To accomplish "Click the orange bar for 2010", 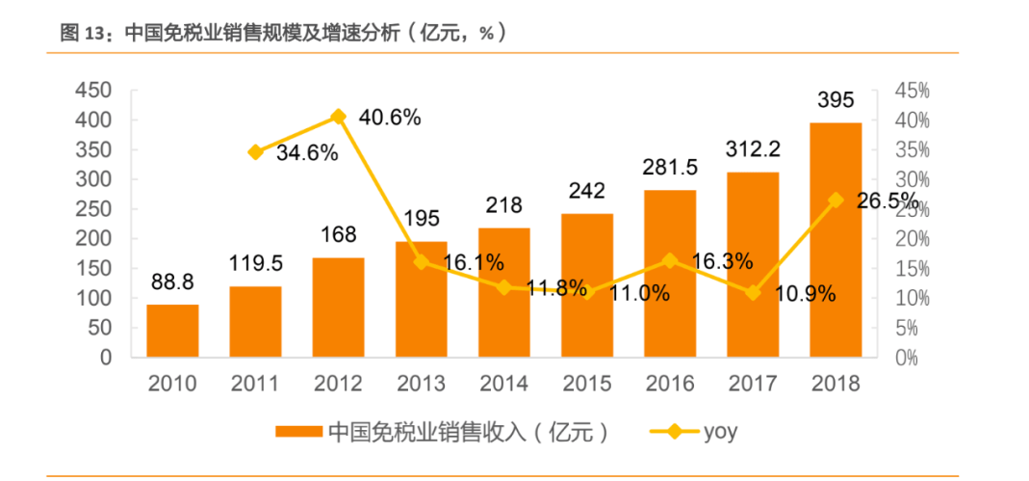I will tap(172, 331).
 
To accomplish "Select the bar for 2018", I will tap(835, 240).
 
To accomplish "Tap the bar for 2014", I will tap(503, 292).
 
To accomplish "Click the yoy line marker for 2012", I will tap(338, 117).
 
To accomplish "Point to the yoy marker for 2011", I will tap(255, 152).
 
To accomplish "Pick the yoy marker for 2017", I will tap(753, 293).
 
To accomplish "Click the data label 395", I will tap(836, 100).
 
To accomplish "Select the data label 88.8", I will tap(173, 281).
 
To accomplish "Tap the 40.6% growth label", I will tap(390, 118).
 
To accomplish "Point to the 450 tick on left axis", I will tap(94, 91).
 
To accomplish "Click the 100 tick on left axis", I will tap(94, 298).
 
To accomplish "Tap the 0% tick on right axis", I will tap(906, 358).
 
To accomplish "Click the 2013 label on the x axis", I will tap(421, 384).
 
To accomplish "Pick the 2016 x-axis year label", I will tap(670, 384).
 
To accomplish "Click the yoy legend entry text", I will tap(720, 431).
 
